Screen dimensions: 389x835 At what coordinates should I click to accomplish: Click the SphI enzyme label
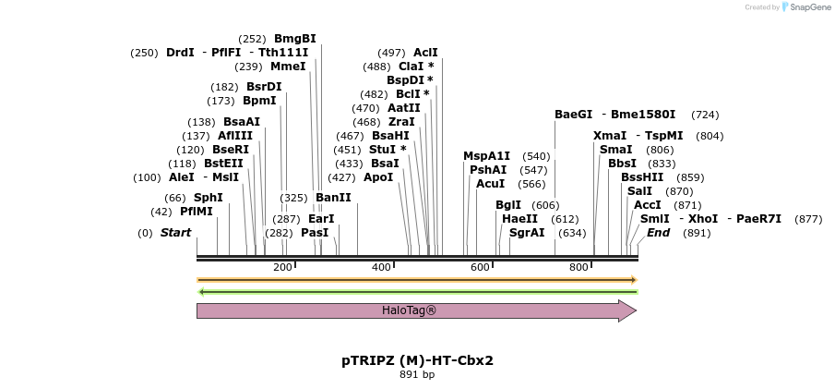(x=208, y=198)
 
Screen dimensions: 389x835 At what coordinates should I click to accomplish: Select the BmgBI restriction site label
(x=294, y=39)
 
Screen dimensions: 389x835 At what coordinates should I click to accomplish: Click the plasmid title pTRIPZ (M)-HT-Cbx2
(x=417, y=359)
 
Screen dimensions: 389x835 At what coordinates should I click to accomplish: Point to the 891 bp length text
(x=417, y=374)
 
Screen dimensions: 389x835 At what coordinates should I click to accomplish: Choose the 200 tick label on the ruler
(x=282, y=267)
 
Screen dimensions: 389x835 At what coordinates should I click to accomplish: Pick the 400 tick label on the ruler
(x=381, y=267)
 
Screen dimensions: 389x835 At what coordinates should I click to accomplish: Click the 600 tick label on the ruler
(x=480, y=267)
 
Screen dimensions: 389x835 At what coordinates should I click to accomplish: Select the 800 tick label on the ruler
(x=579, y=267)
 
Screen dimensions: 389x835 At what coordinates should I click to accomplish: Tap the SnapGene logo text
(x=805, y=7)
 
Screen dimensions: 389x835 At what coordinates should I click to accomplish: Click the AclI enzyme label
(x=425, y=53)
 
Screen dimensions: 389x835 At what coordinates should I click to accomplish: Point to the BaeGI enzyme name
(x=573, y=115)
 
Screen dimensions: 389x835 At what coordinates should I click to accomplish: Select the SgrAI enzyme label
(x=527, y=233)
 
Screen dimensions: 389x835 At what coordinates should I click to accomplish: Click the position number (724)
(x=705, y=115)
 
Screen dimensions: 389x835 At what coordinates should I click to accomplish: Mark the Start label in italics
(x=175, y=233)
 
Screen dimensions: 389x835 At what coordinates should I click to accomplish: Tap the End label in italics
(x=658, y=233)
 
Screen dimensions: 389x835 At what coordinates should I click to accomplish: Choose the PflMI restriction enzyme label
(x=196, y=212)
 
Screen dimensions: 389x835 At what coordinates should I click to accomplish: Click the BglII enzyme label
(x=507, y=205)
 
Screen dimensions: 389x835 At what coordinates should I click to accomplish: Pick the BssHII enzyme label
(x=642, y=177)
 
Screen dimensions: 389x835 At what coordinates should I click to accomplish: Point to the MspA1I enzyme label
(x=486, y=156)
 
